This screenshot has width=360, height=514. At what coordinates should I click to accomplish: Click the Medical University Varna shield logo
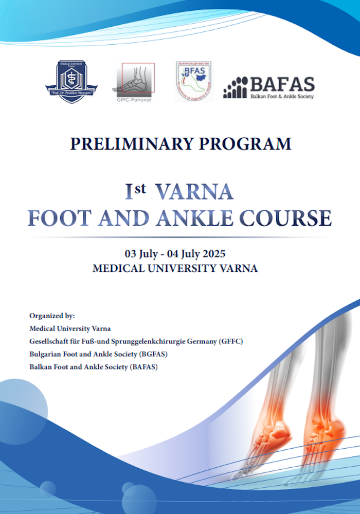[71, 82]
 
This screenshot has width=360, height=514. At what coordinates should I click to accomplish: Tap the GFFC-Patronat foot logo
[134, 81]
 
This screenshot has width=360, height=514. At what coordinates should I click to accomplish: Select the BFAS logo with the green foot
[194, 81]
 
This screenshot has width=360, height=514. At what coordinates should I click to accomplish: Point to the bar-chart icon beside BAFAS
[235, 88]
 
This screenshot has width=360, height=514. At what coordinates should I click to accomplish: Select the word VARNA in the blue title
[194, 192]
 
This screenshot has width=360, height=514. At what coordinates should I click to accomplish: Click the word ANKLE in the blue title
[201, 218]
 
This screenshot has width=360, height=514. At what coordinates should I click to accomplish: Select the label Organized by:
[52, 316]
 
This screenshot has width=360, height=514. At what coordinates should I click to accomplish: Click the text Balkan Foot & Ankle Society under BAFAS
[282, 96]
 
